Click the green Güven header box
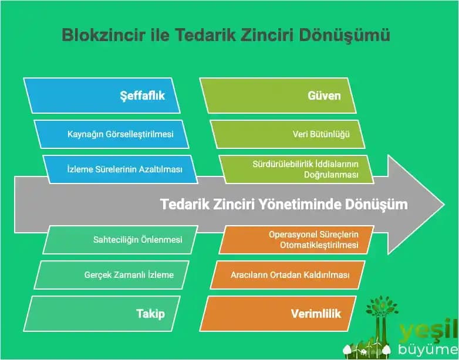pyautogui.click(x=278, y=95)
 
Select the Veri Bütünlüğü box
pyautogui.click(x=288, y=134)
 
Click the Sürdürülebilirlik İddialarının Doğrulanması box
pyautogui.click(x=296, y=169)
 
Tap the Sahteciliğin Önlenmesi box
pyautogui.click(x=120, y=239)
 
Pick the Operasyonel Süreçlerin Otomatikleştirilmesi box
pyautogui.click(x=296, y=239)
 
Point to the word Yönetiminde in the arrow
pyautogui.click(x=294, y=205)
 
